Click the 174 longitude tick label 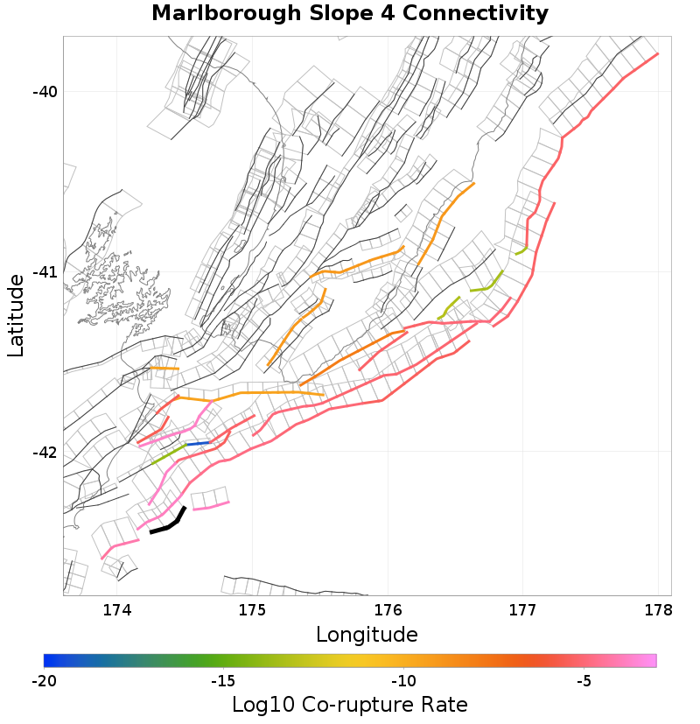pyautogui.click(x=117, y=609)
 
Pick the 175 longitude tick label pyautogui.click(x=252, y=609)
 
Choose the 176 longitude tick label pyautogui.click(x=388, y=609)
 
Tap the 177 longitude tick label pyautogui.click(x=522, y=609)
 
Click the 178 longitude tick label pyautogui.click(x=658, y=609)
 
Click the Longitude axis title pyautogui.click(x=367, y=634)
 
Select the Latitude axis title pyautogui.click(x=16, y=315)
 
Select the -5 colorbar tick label pyautogui.click(x=584, y=681)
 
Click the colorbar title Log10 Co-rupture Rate pyautogui.click(x=350, y=705)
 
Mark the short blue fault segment pyautogui.click(x=198, y=444)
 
